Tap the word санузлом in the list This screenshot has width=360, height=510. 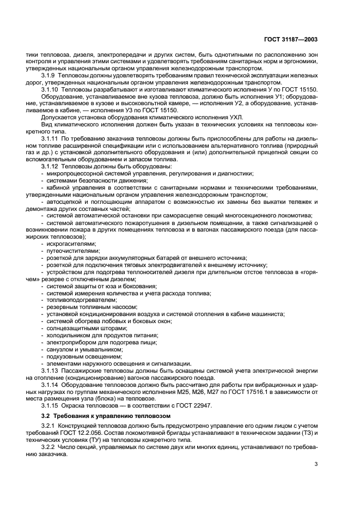(x=60, y=349)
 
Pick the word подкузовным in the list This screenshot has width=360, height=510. (x=66, y=356)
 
